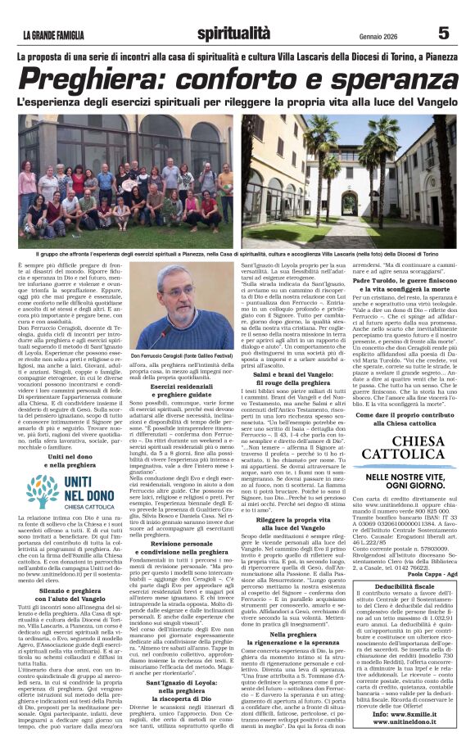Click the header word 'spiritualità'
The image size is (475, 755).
[x=233, y=33]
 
